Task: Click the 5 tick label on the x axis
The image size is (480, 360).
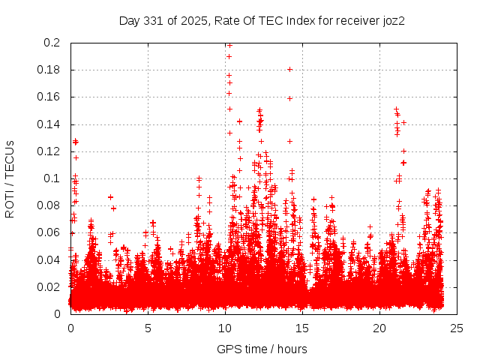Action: point(148,328)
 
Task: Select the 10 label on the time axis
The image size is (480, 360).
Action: point(225,328)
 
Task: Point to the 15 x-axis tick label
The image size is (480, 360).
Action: point(302,328)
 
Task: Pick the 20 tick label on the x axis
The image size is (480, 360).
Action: point(379,328)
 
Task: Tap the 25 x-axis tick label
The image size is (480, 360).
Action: point(457,328)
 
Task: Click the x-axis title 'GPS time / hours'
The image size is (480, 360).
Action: point(262,349)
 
